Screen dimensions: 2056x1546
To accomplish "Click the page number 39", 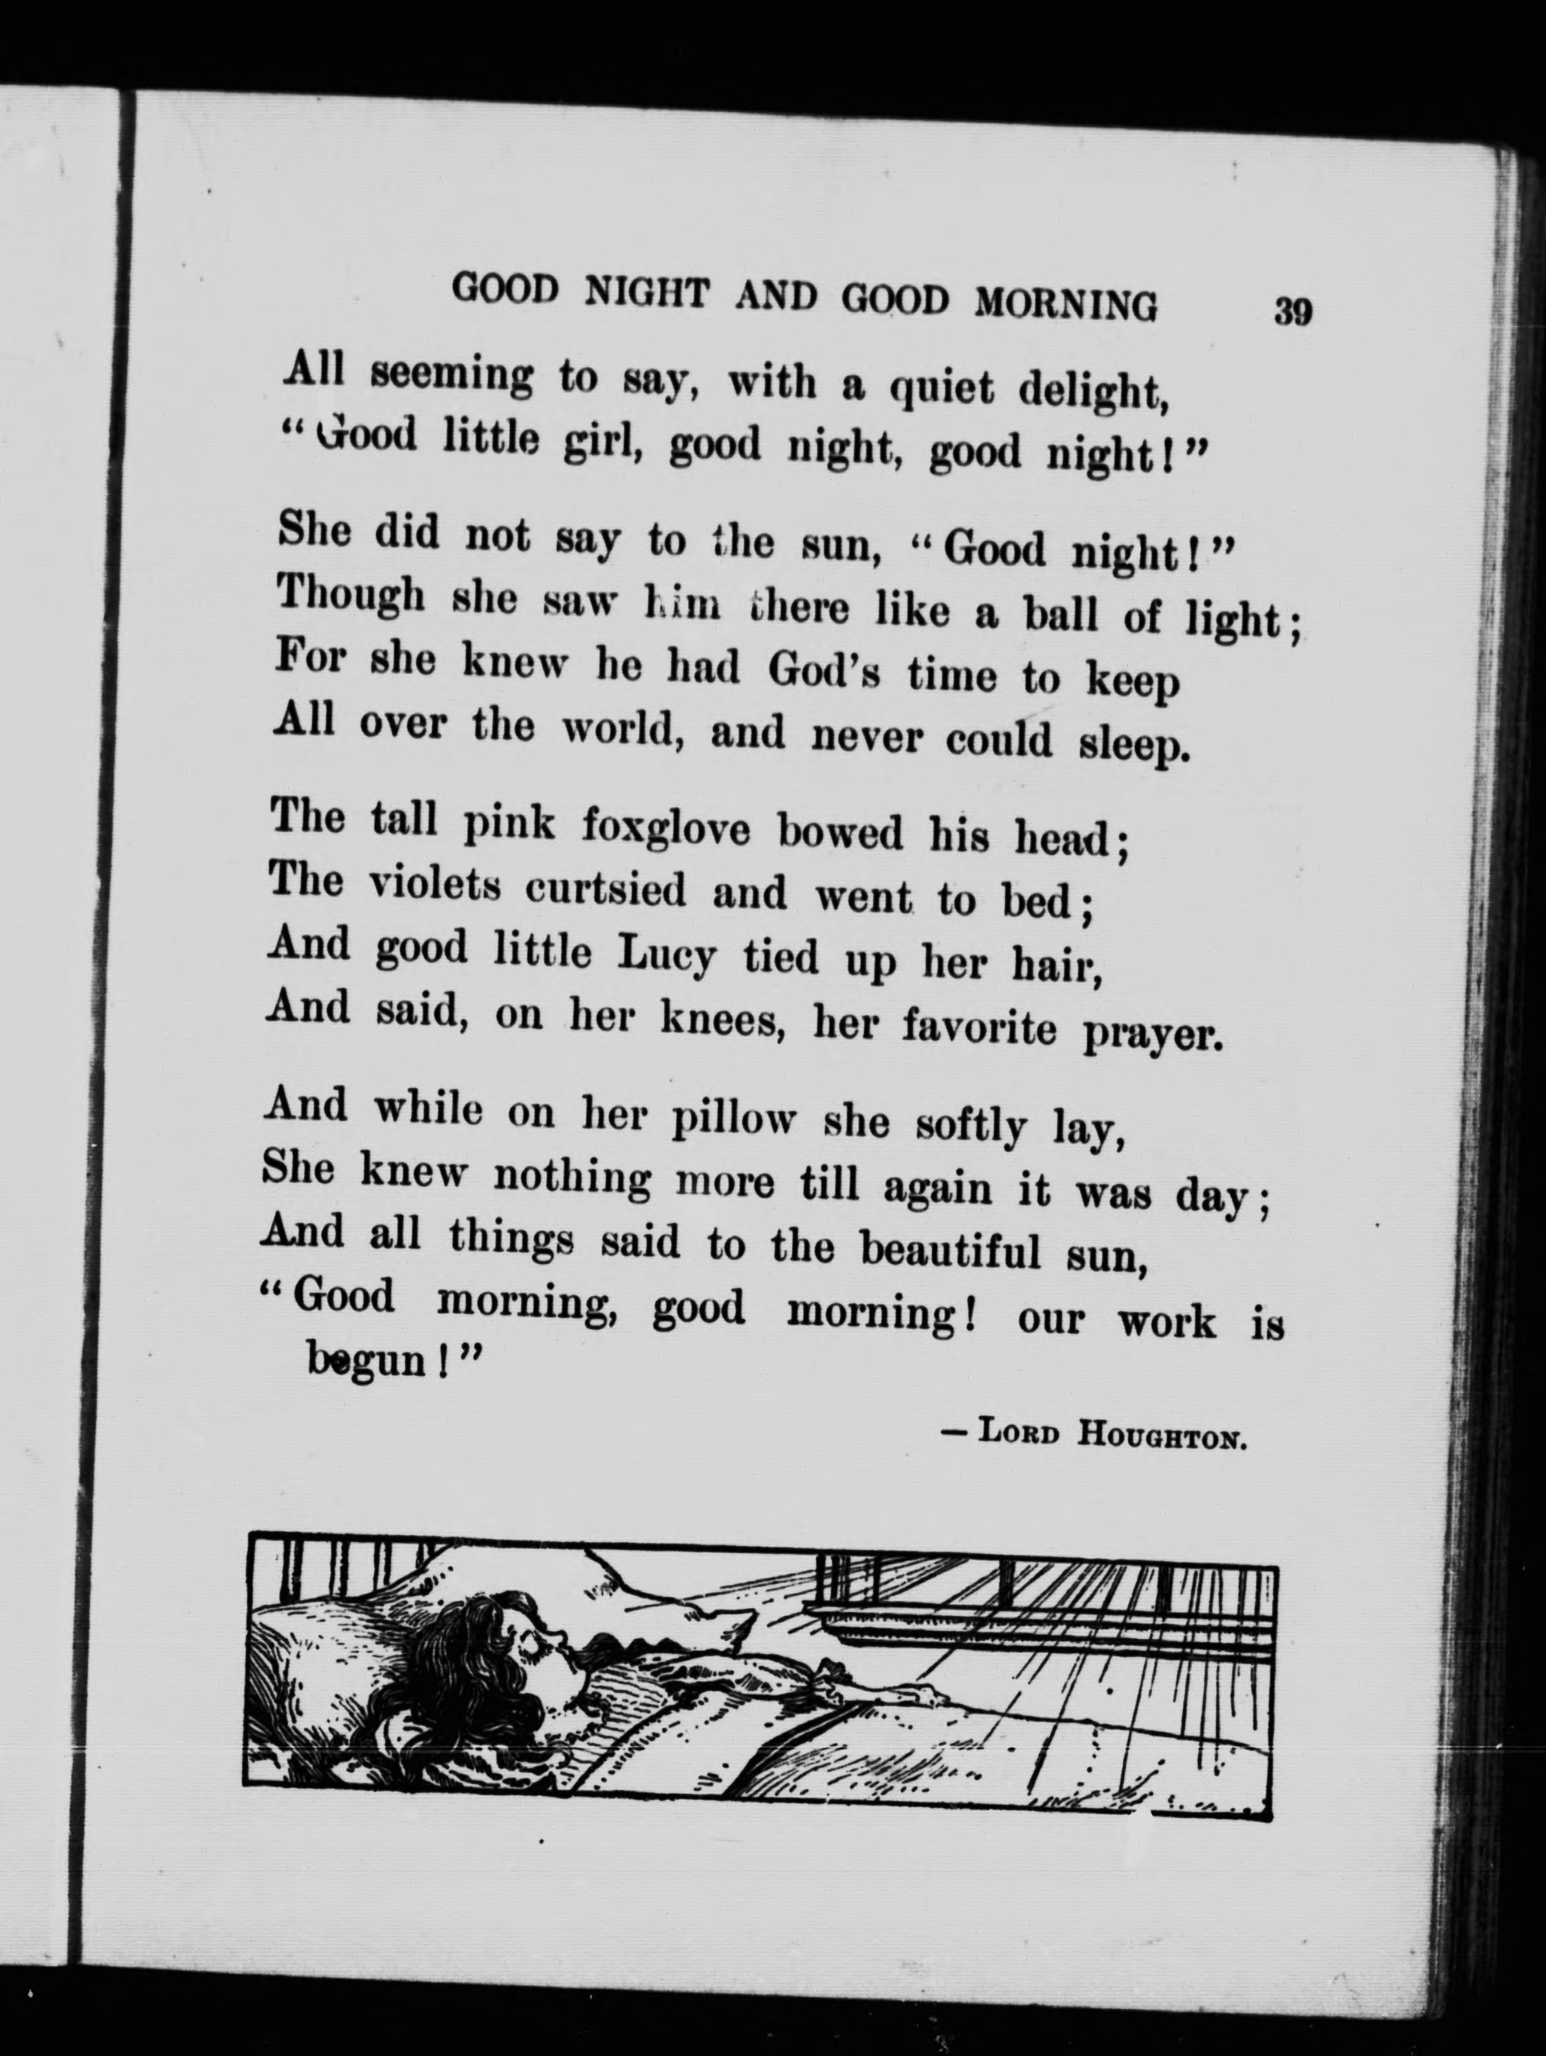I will [x=1292, y=311].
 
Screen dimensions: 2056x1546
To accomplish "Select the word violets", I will [x=435, y=885].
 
